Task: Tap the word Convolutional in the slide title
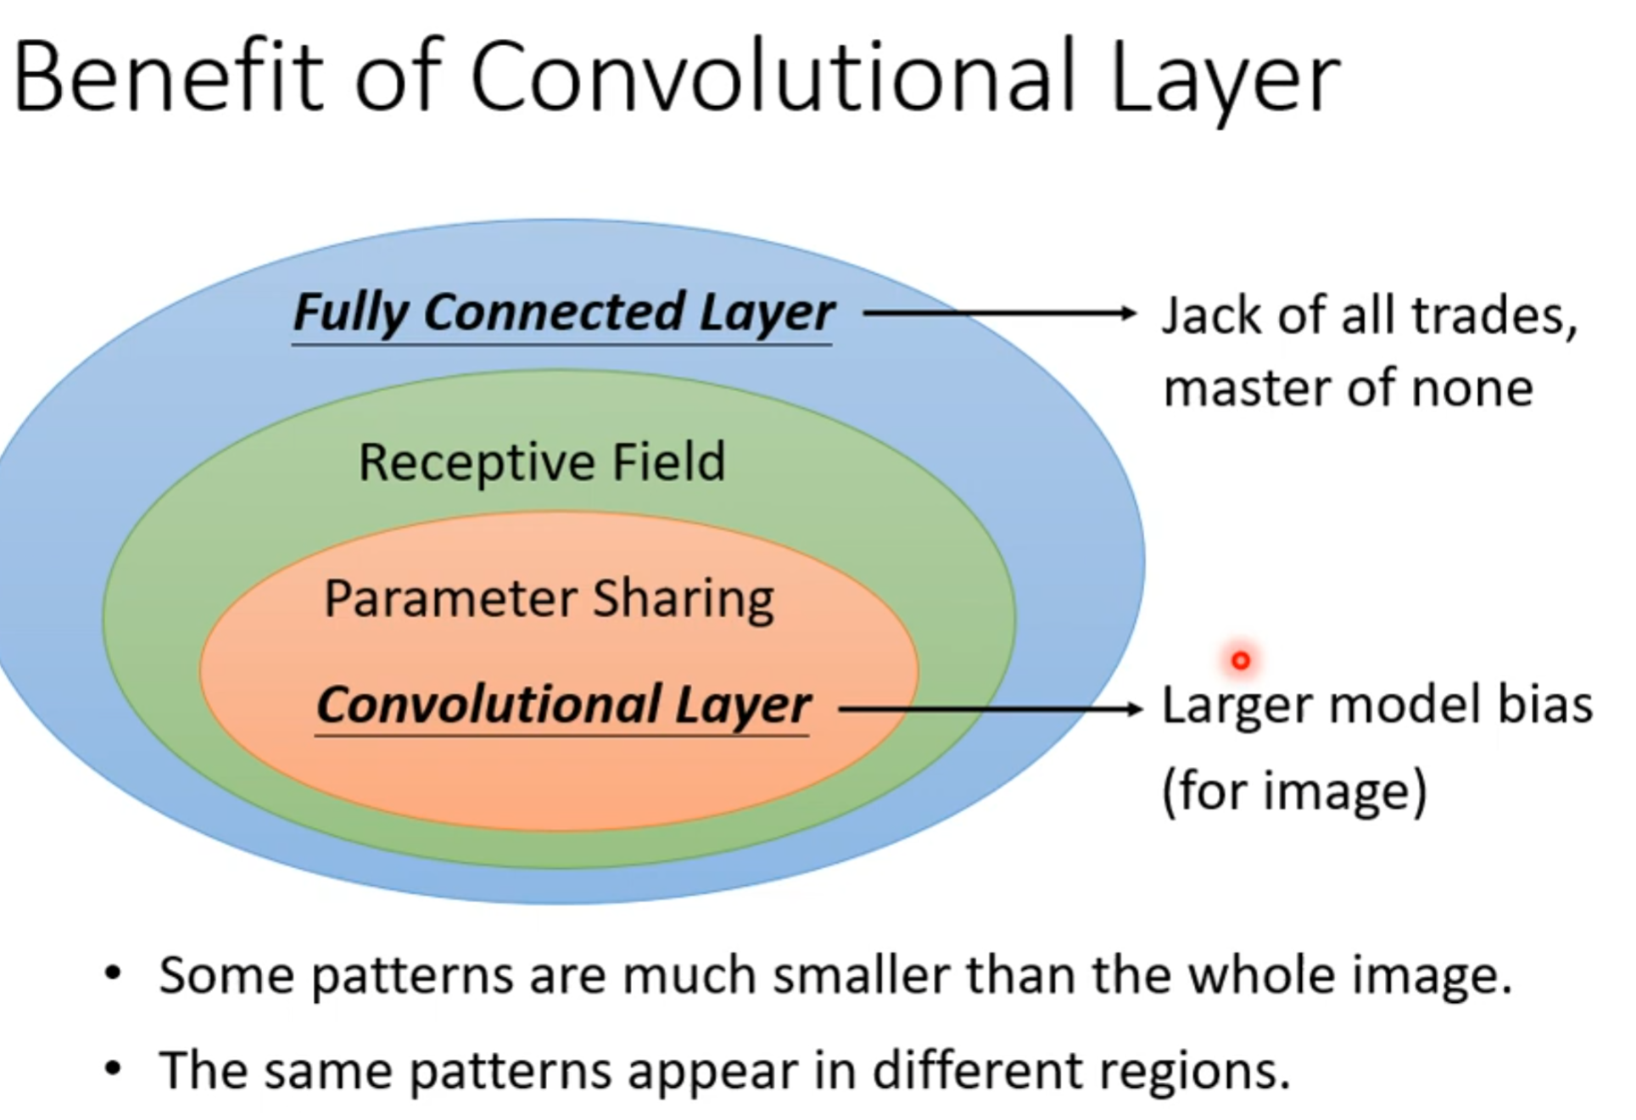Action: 773,78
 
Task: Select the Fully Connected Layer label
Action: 563,312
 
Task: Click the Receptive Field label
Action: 542,462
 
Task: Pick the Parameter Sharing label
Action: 549,599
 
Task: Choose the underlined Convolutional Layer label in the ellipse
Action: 563,705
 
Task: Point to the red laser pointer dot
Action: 1240,660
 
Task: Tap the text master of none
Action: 1348,389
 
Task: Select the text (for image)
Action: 1294,791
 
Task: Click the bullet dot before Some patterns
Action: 113,972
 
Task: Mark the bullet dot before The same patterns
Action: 113,1067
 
